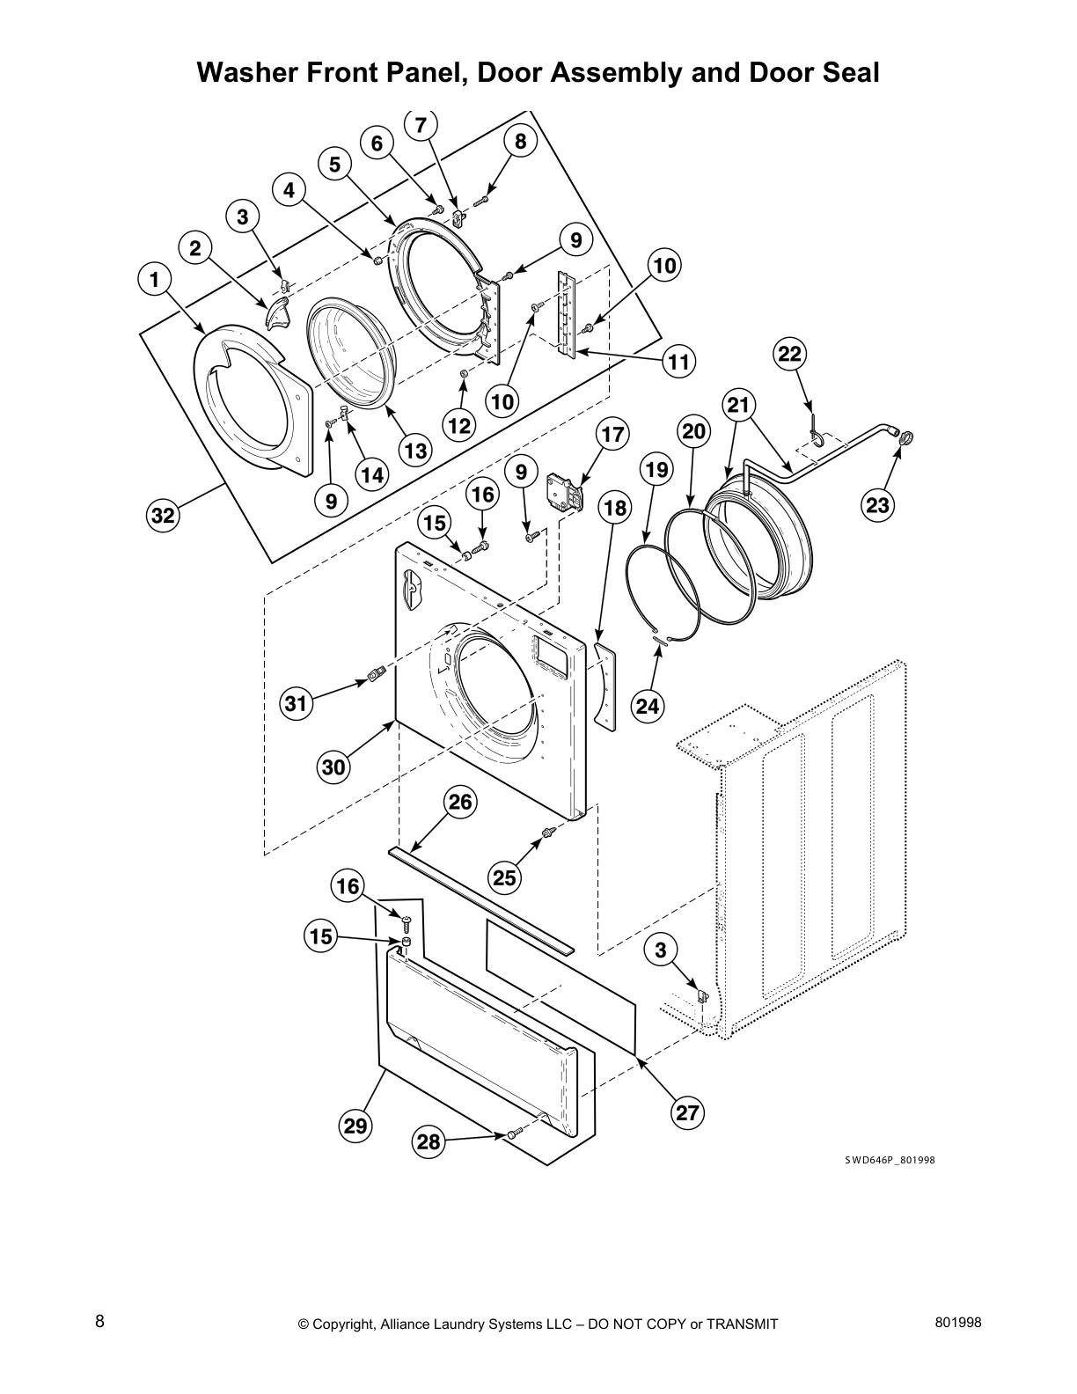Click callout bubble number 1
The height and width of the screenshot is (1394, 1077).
pos(155,281)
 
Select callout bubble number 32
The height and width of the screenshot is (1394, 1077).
pos(163,516)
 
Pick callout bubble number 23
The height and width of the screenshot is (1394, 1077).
pos(878,505)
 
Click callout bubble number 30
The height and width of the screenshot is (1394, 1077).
pos(333,767)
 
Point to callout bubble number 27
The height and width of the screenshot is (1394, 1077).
pos(686,1112)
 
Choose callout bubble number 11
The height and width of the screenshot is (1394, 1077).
pos(678,361)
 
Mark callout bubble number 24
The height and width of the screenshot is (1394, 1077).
pos(647,705)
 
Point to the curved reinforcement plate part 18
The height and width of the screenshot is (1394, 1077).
pos(604,684)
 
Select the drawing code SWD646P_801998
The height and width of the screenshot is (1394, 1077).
pos(890,1160)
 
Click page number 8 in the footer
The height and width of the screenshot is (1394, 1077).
pos(100,1321)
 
